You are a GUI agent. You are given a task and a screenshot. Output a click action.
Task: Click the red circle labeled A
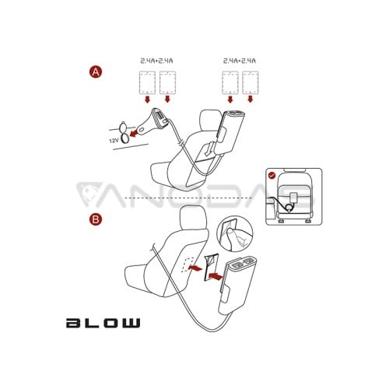pyautogui.click(x=96, y=72)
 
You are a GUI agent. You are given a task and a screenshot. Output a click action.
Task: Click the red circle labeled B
pyautogui.click(x=96, y=219)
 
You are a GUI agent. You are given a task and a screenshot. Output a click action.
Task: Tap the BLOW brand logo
pyautogui.click(x=103, y=323)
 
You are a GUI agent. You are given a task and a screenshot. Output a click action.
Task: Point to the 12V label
pyautogui.click(x=114, y=141)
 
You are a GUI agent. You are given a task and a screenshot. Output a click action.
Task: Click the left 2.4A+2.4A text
pyautogui.click(x=156, y=61)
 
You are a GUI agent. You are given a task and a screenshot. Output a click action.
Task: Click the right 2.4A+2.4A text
pyautogui.click(x=240, y=61)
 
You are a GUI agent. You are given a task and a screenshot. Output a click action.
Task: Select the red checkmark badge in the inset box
pyautogui.click(x=272, y=176)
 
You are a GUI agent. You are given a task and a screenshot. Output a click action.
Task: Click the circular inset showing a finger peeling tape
pyautogui.click(x=235, y=233)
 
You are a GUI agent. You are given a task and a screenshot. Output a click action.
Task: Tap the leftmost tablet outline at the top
pyautogui.click(x=147, y=82)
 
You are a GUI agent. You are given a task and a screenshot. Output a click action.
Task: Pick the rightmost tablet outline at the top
pyautogui.click(x=251, y=82)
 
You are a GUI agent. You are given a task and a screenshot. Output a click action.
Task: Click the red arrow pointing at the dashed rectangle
pyautogui.click(x=195, y=268)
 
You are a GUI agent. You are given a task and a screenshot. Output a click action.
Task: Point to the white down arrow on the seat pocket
pyautogui.click(x=209, y=149)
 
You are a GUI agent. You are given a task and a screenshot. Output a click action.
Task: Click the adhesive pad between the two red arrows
pyautogui.click(x=211, y=268)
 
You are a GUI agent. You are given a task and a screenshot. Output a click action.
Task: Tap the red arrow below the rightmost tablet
pyautogui.click(x=251, y=99)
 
